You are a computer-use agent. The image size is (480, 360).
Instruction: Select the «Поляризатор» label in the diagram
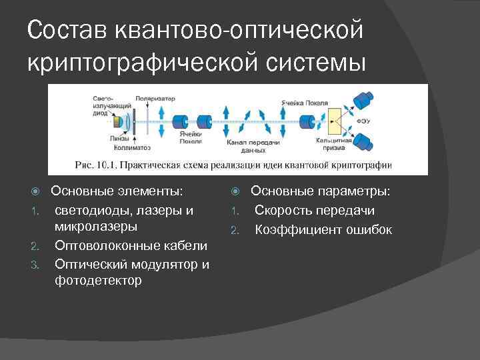pyautogui.click(x=155, y=99)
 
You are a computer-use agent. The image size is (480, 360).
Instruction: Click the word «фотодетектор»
pyautogui.click(x=98, y=280)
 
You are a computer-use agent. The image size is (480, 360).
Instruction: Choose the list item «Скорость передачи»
pyautogui.click(x=314, y=211)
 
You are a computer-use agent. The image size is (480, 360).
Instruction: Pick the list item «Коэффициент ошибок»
pyautogui.click(x=323, y=230)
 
